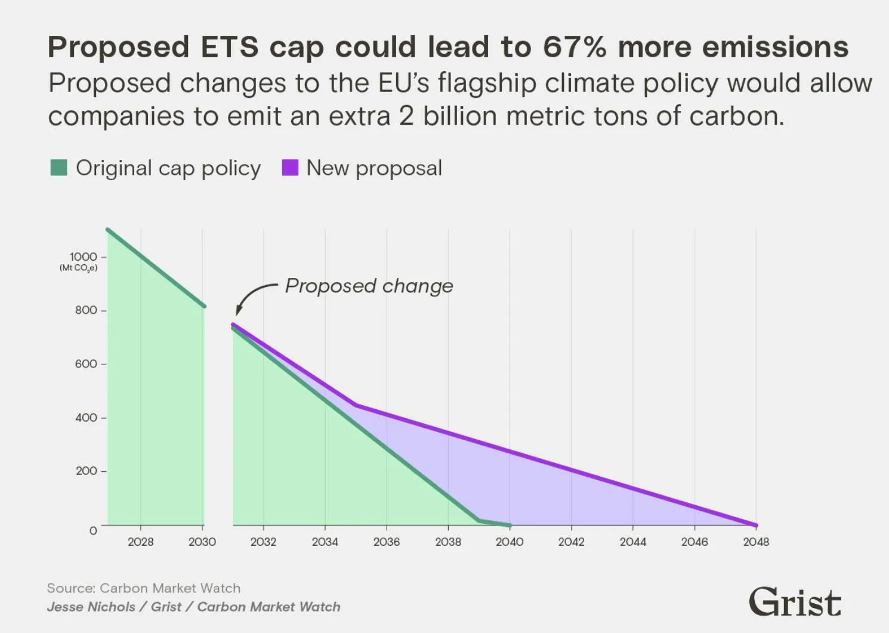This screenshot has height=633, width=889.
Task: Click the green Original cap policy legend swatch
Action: (58, 168)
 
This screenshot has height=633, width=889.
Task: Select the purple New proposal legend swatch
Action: (290, 168)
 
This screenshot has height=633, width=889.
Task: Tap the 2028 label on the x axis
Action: (140, 542)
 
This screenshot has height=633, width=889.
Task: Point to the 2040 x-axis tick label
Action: (510, 542)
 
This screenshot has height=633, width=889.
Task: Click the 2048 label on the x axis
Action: (756, 542)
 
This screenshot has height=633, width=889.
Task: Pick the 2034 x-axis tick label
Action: (325, 542)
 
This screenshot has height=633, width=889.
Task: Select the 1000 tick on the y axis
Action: (84, 257)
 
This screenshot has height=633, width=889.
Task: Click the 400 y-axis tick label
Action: (86, 418)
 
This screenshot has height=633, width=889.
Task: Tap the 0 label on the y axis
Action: (93, 530)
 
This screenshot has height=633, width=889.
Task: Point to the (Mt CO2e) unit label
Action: (79, 268)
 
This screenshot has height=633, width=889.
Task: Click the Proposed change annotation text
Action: (369, 286)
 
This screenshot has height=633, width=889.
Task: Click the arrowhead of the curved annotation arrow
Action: (237, 311)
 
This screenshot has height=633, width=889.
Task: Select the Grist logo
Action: (795, 601)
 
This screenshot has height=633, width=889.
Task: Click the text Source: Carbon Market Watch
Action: (144, 588)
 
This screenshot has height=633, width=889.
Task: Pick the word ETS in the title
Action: (229, 47)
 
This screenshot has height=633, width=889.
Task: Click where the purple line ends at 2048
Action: (756, 525)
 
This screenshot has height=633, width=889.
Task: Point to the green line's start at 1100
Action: (107, 229)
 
